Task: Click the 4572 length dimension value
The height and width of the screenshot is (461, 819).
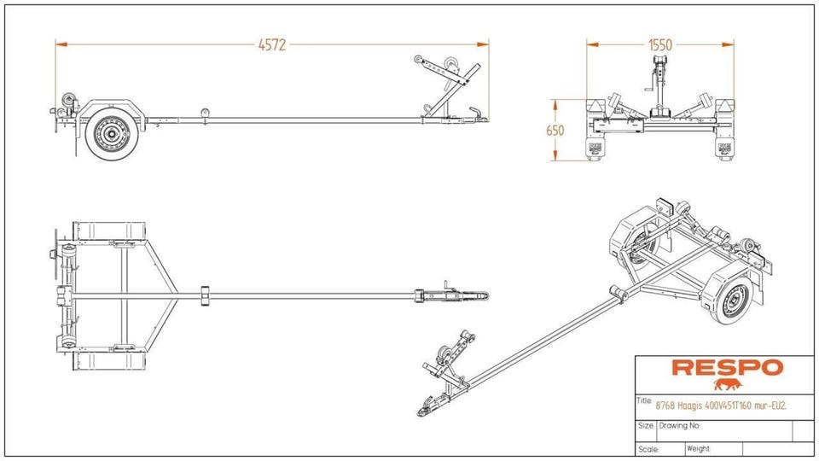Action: [272, 45]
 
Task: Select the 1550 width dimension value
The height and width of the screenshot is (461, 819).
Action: [660, 45]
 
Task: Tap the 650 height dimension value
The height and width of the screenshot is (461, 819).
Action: [555, 130]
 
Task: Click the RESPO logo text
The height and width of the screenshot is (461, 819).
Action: [728, 367]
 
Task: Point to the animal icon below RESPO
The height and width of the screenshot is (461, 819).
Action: [728, 385]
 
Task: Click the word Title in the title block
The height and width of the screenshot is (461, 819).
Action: [644, 401]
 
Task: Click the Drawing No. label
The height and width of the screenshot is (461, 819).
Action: [680, 425]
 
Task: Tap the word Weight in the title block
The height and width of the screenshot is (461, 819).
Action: [699, 448]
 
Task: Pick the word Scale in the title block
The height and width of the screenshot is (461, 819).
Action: [648, 449]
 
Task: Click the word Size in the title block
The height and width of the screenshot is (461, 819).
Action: [646, 425]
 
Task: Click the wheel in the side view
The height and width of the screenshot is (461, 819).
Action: [111, 133]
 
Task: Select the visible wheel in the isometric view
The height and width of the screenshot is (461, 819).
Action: [731, 300]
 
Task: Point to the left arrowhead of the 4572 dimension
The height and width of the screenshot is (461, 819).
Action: [61, 45]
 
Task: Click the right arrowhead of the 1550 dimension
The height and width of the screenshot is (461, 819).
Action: [728, 45]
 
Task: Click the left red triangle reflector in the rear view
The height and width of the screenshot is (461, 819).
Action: [595, 105]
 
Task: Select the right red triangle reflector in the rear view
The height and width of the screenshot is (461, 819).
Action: [725, 105]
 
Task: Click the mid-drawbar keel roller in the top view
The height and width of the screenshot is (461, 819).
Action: [205, 295]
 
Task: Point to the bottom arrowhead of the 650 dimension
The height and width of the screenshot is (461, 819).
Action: [555, 155]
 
